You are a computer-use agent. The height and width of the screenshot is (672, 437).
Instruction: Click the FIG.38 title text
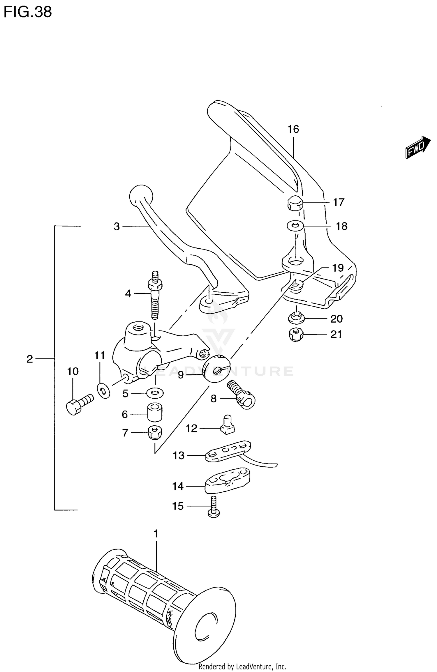point(28,12)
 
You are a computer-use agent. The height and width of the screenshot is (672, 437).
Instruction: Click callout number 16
point(293,129)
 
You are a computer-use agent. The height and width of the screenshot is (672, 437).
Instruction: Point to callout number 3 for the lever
point(117,226)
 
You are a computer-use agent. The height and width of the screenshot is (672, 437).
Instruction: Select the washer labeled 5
point(155,393)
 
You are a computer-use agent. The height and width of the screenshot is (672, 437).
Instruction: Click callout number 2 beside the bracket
point(30,359)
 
